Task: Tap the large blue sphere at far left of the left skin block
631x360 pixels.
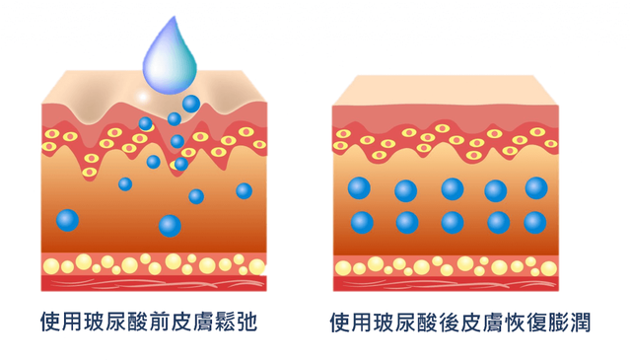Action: point(68,219)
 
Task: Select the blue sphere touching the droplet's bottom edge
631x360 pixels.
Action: point(190,103)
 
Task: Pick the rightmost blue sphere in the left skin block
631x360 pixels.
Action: point(244,190)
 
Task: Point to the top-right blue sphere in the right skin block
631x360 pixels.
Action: point(536,187)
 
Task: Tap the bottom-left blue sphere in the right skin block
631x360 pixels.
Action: point(362,222)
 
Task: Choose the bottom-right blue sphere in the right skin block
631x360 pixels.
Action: point(535,222)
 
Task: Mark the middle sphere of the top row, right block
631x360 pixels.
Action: point(453,188)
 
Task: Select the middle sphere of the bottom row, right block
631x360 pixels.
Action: point(453,222)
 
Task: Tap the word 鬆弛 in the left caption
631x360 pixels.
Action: point(237,323)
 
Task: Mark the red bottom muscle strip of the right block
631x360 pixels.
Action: point(447,283)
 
